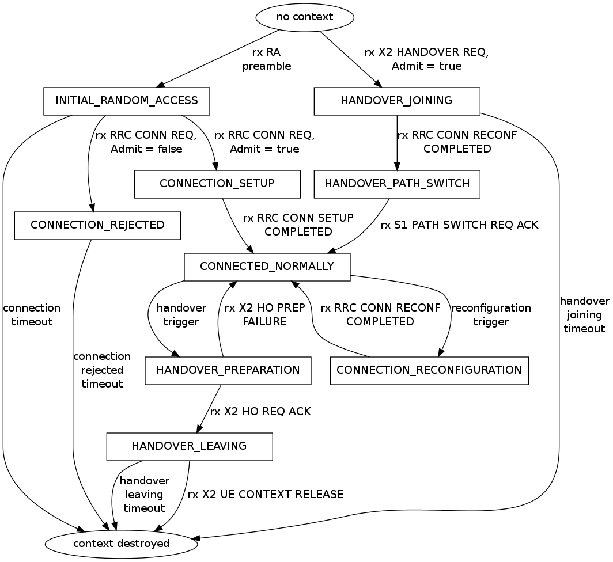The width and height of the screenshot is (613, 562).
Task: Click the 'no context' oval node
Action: coord(305,17)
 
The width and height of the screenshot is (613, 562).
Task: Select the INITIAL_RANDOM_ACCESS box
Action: coord(126,101)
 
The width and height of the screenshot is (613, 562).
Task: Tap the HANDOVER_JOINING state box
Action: coord(396,101)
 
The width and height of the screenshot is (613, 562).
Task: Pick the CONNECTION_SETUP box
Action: coord(217,184)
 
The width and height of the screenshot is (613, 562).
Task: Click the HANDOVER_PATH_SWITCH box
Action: coord(396,184)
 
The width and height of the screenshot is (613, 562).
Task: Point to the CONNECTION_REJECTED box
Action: coord(97,225)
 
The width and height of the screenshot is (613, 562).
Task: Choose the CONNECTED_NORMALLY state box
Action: coord(267,267)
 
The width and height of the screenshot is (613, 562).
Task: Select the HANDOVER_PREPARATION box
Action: coord(228,370)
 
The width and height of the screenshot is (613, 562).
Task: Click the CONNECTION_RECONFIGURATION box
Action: coord(429,370)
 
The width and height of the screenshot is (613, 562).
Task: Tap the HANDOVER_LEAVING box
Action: coord(189,446)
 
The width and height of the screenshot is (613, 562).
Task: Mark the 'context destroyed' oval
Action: coord(122,543)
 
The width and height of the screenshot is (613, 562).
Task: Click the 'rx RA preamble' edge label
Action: coord(266,59)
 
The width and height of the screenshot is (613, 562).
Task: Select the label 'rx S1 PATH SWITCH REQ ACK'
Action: coord(459,225)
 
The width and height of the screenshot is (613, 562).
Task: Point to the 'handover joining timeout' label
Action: coord(584,315)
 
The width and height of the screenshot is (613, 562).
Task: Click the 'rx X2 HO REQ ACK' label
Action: coord(260,412)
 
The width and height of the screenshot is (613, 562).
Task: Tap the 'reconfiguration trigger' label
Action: coord(491,315)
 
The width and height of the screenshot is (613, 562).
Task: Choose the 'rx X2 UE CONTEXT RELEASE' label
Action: coord(266,495)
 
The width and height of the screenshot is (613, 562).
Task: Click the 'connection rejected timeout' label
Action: coord(102,370)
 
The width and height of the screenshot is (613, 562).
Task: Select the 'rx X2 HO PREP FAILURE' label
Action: coord(264,315)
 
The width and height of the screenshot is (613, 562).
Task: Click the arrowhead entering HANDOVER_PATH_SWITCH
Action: coord(396,166)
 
